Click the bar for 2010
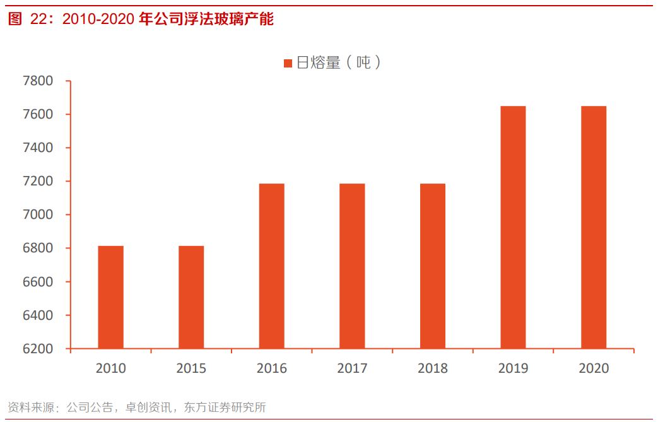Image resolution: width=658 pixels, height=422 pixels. point(110,297)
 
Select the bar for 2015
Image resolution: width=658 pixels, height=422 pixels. point(191,297)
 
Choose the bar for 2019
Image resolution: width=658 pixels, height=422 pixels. point(513,227)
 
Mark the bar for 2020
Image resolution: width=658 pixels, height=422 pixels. point(594,227)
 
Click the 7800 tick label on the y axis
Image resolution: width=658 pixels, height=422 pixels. point(38,81)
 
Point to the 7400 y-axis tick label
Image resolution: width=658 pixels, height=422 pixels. point(38,148)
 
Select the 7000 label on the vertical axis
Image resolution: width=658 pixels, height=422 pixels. point(38,215)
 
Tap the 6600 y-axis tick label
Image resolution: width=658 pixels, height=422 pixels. point(38,282)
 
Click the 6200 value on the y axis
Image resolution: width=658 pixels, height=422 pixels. point(38,349)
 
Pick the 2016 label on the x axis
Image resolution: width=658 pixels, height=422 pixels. point(271,368)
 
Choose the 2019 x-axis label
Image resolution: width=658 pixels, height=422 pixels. point(513,368)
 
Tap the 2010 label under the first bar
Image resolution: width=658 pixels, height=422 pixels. point(110,368)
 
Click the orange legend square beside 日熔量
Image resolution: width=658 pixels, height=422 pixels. point(288,63)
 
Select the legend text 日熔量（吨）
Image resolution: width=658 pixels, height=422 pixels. point(339,62)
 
